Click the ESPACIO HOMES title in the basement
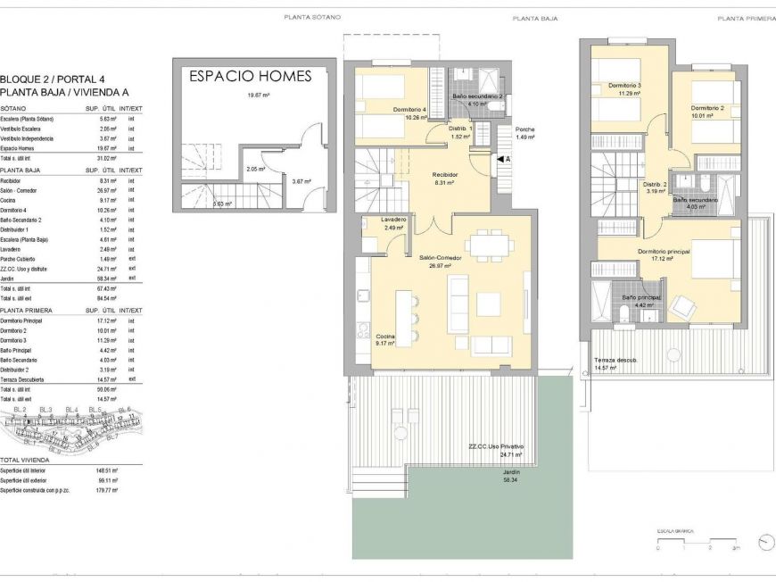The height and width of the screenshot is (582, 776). pyautogui.click(x=251, y=77)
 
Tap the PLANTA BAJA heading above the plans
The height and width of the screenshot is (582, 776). pyautogui.click(x=535, y=18)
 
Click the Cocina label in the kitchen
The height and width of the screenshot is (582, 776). pyautogui.click(x=385, y=336)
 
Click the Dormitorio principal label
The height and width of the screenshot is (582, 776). pyautogui.click(x=664, y=251)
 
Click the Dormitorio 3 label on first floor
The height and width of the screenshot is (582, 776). pyautogui.click(x=625, y=86)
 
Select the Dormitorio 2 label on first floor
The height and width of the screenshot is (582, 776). pyautogui.click(x=706, y=107)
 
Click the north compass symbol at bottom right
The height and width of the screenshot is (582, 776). pyautogui.click(x=764, y=542)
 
